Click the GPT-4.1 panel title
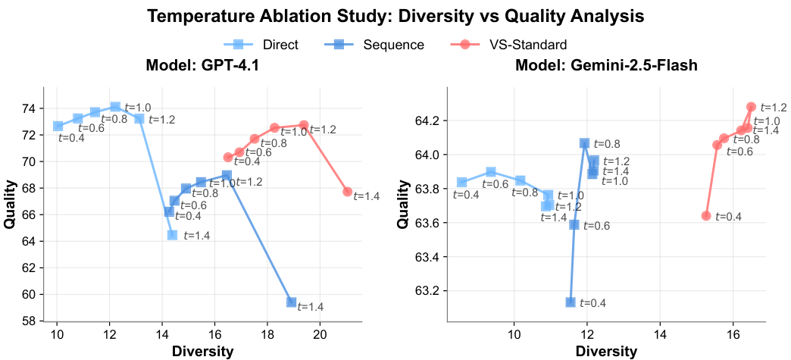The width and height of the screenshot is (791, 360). tap(202, 65)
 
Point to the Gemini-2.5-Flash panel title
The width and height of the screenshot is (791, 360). tap(606, 65)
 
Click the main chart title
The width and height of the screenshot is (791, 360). tap(395, 16)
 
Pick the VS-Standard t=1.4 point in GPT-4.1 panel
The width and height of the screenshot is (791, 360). tap(348, 192)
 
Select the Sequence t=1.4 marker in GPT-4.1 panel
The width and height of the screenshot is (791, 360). tap(292, 302)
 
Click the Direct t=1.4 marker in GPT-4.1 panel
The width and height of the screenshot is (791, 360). tap(173, 235)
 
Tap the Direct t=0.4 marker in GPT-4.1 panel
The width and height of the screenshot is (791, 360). tap(58, 126)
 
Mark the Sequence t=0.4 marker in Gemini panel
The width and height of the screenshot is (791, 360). tap(570, 302)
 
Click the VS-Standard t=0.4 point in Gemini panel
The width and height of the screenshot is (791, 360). tap(706, 216)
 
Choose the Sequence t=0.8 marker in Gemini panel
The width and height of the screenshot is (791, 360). tap(584, 143)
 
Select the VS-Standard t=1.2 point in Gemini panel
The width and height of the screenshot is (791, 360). tap(751, 107)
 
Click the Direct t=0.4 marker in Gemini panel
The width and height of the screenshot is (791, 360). tap(462, 183)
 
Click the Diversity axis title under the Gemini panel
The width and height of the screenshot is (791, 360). tap(606, 352)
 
